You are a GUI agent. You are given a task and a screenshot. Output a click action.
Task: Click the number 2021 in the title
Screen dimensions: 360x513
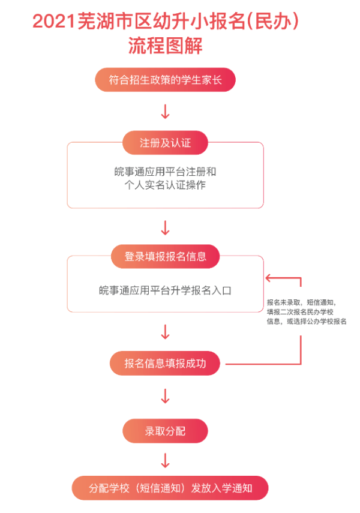pos(54,22)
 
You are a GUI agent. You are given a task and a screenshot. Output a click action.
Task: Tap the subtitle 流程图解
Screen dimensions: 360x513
pos(165,45)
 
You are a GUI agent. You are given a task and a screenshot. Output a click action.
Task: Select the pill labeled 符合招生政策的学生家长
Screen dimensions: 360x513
pos(165,80)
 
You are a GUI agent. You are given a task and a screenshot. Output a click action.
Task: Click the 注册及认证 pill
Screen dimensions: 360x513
pos(165,143)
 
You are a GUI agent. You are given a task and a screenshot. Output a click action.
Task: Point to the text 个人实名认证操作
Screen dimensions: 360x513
pos(165,185)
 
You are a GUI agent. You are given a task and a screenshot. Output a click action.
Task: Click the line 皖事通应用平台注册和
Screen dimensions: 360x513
pos(165,172)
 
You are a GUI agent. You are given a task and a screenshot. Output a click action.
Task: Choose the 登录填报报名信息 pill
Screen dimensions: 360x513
pos(165,257)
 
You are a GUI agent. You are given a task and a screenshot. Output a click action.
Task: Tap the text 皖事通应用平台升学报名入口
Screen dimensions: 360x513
pos(165,290)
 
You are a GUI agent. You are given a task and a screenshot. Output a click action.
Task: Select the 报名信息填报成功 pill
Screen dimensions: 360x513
pos(165,363)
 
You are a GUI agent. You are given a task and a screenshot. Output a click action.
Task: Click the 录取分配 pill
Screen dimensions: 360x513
pos(165,431)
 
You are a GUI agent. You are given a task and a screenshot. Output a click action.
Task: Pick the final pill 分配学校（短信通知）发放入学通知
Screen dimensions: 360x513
pos(170,488)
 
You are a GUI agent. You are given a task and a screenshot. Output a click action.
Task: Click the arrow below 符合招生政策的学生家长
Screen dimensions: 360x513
pos(165,112)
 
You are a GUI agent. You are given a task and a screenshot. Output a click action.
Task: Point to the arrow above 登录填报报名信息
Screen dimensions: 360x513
pos(165,228)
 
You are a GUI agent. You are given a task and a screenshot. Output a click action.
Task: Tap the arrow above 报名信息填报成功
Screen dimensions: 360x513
pos(165,332)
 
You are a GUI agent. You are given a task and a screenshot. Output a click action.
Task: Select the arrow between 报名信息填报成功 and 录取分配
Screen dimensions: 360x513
pos(165,396)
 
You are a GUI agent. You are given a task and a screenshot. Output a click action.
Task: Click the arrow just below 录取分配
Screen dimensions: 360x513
pos(165,460)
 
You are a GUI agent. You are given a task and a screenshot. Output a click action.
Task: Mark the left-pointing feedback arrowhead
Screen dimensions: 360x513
pos(269,278)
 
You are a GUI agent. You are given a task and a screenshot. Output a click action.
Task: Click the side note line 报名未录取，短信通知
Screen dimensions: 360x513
pos(301,302)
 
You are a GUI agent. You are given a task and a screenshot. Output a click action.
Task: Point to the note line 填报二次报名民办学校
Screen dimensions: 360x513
pos(300,312)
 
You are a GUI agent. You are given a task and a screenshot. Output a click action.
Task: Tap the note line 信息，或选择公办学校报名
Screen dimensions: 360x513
pos(307,321)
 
